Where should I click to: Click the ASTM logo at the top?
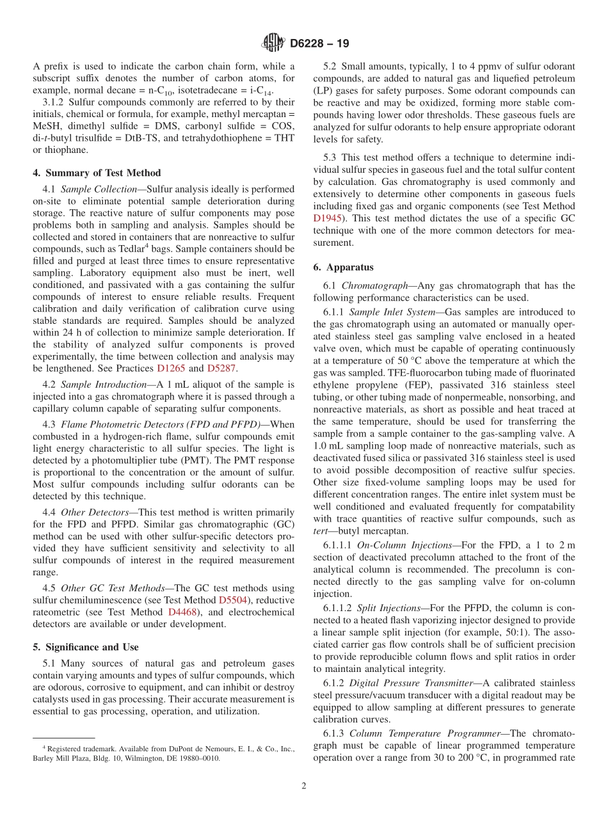(273, 43)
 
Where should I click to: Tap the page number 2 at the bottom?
(304, 786)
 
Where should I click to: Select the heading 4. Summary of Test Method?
(97, 173)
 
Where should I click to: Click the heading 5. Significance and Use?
(86, 647)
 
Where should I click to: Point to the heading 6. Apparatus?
(344, 267)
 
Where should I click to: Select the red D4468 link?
(182, 612)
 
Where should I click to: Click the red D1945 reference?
(328, 218)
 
